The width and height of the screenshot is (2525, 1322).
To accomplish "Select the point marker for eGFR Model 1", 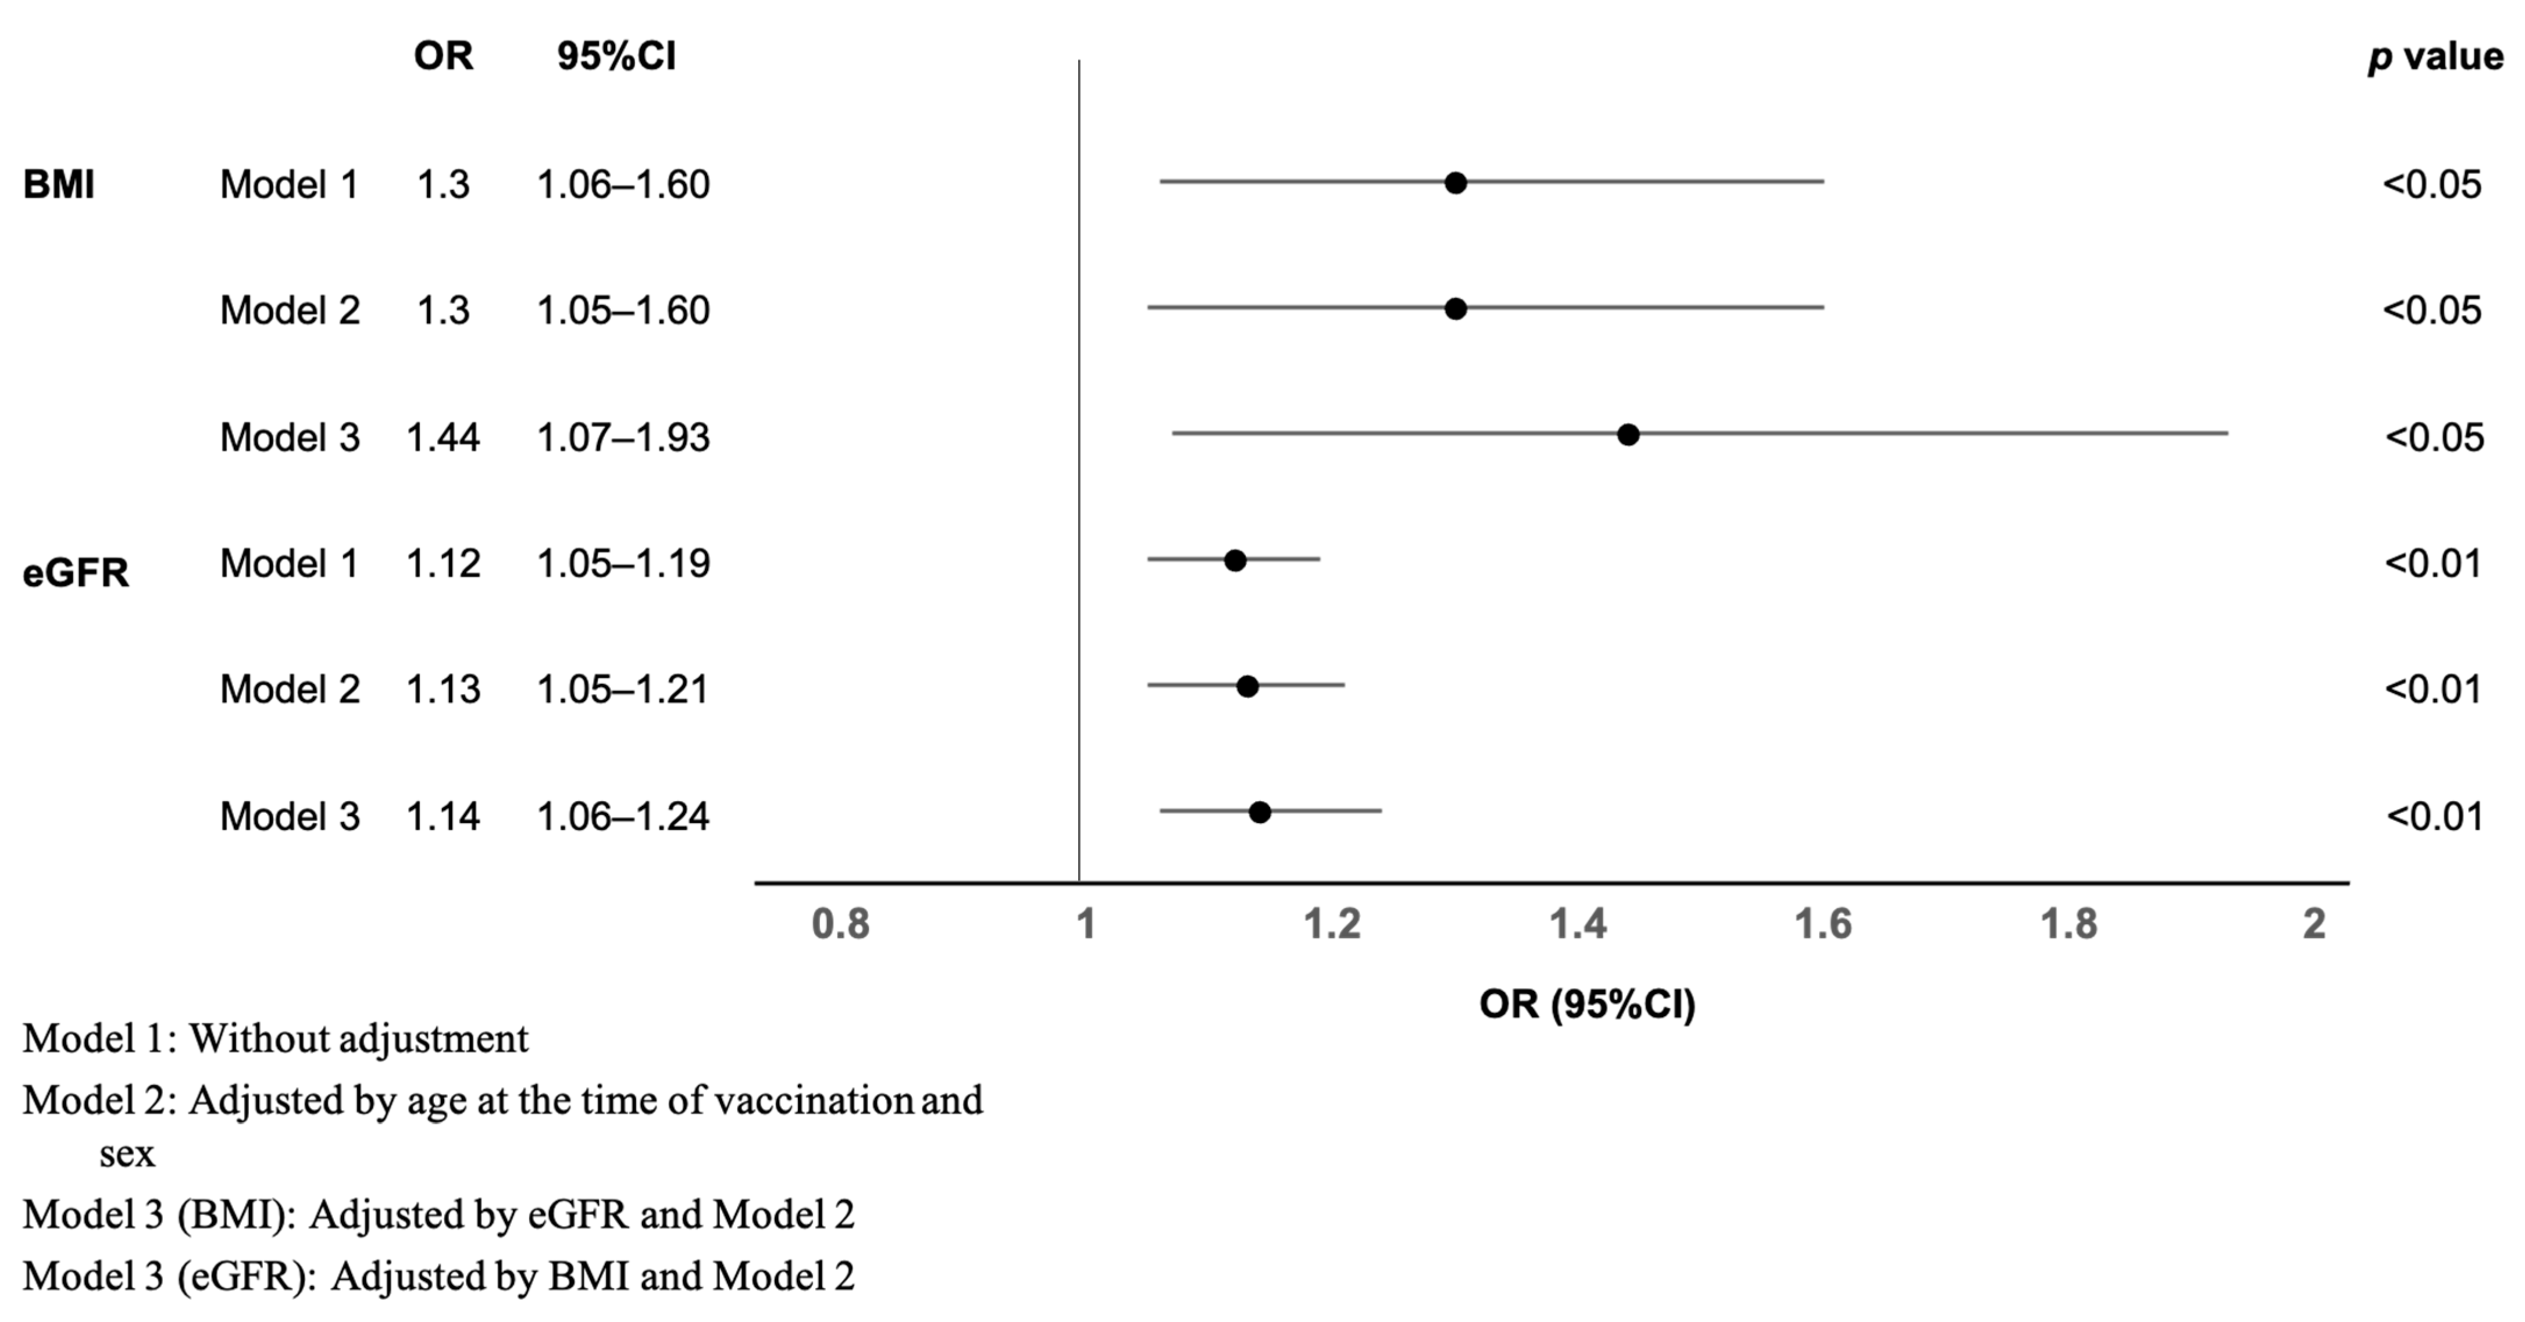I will (1235, 560).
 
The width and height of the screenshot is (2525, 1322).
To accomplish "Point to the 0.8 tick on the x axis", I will (840, 924).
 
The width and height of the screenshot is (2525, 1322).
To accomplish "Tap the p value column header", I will (2435, 57).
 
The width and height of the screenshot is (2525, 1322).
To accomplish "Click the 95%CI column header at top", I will (616, 57).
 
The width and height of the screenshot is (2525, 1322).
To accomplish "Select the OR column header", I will (443, 57).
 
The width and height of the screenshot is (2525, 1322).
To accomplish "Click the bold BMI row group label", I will (59, 184).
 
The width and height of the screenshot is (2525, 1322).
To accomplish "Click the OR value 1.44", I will (443, 437).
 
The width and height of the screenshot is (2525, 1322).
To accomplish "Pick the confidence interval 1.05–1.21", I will (622, 690).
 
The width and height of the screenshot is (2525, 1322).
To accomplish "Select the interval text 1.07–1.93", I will (622, 437).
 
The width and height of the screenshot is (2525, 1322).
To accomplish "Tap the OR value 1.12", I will (443, 563).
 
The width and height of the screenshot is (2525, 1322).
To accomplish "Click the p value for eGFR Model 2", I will (2433, 690).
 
